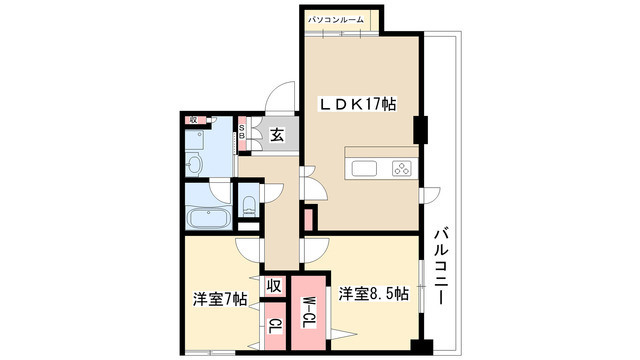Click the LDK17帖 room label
pos(358,103)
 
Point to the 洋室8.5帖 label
pos(373,294)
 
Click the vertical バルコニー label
pos(440,268)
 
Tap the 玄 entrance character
pos(276,136)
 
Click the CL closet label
pos(273,326)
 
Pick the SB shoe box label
pos(242,133)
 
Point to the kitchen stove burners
pos(401,168)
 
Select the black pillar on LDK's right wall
pos(421,129)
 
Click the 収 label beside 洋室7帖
pos(272,287)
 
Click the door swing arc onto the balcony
pos(432,195)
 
